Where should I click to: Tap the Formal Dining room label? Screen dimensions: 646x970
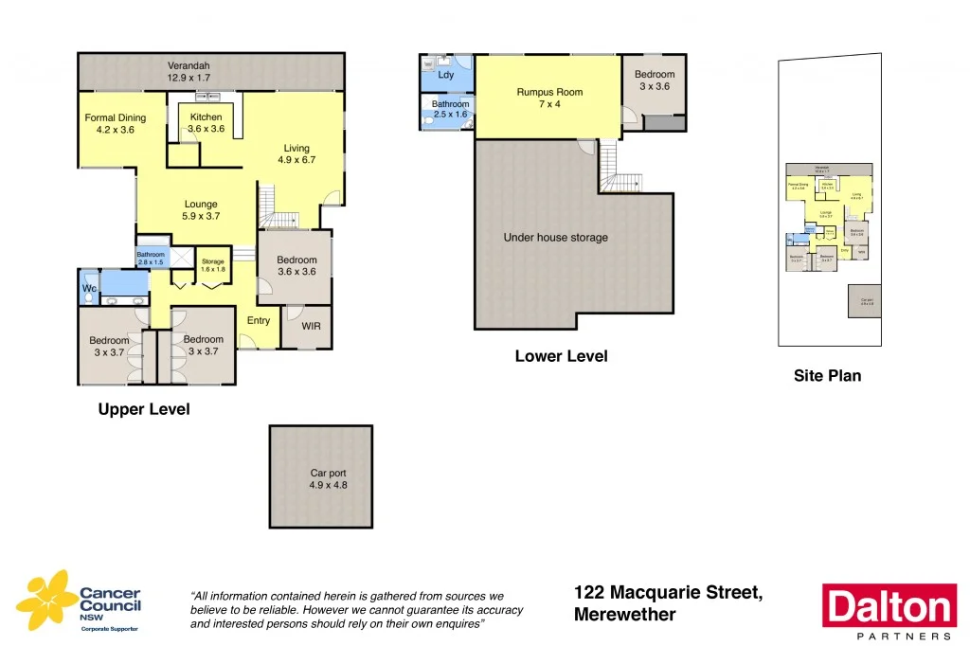pos(116,118)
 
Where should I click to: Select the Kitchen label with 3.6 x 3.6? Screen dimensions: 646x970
pos(206,117)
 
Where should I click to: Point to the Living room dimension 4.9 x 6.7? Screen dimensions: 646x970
pos(296,160)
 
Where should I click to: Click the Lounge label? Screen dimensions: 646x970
pos(201,204)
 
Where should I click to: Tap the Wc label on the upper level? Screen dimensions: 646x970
pos(89,288)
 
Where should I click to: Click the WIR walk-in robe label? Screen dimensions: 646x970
pos(312,327)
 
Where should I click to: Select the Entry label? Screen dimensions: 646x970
pos(259,320)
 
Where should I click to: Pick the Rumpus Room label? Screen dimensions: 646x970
pos(549,92)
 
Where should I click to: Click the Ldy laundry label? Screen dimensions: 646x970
pos(446,74)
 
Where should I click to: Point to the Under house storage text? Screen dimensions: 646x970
pos(555,238)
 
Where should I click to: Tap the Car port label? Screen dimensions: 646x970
pos(321,473)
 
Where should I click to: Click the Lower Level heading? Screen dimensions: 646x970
pos(561,357)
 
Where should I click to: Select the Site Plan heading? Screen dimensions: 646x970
pos(827,376)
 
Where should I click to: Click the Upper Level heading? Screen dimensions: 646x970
pos(144,410)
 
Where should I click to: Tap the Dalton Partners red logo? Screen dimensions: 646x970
pos(887,607)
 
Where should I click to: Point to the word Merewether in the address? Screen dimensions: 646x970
pos(624,615)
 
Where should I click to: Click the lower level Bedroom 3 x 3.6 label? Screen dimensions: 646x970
pos(655,75)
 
